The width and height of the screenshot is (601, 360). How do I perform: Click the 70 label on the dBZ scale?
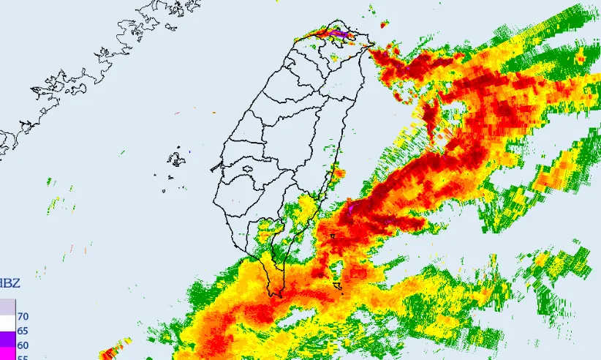pos(23,317)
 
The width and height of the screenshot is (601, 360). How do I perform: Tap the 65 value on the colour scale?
pos(23,331)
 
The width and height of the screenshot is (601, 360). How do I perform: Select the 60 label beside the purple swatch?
pos(23,345)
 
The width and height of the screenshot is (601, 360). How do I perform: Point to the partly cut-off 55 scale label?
pos(23,357)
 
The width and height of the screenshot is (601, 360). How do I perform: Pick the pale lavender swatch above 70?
pos(7,306)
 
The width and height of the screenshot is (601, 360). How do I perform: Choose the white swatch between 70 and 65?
pos(7,323)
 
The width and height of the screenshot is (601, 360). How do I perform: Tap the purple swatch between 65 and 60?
pos(7,339)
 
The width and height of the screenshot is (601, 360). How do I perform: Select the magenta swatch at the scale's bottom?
pos(7,354)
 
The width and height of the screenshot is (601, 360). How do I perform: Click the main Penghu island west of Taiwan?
pos(176,158)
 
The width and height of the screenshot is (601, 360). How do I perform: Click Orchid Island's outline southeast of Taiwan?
pos(338,286)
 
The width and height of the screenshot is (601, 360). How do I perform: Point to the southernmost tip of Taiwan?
pos(276,295)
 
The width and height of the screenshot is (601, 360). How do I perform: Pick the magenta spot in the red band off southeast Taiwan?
pos(350,209)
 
